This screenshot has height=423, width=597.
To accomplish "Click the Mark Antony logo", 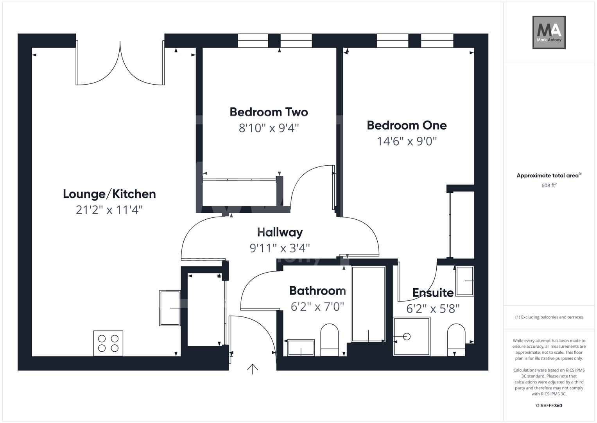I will [549, 32].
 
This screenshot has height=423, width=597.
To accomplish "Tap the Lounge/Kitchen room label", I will [109, 194].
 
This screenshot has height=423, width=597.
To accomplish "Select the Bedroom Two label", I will [269, 112].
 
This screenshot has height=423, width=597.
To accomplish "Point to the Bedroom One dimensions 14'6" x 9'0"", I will [407, 141].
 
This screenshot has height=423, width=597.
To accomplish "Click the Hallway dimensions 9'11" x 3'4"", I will [280, 248].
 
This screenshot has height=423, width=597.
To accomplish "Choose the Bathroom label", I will [317, 291].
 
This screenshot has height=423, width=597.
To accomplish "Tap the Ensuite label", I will [433, 293].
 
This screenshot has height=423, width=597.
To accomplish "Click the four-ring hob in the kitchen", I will [108, 343].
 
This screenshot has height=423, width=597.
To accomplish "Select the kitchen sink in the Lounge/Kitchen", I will [170, 308].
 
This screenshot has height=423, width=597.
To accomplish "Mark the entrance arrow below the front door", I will [253, 369].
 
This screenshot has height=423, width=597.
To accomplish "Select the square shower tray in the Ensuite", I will [412, 336].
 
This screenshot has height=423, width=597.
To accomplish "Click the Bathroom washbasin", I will [301, 347].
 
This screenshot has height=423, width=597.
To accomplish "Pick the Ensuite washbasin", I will [464, 281].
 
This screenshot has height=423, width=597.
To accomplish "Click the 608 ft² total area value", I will [549, 185].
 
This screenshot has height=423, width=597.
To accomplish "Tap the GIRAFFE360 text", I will [549, 405].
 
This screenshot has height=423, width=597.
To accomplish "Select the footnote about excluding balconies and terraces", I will [549, 317].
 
